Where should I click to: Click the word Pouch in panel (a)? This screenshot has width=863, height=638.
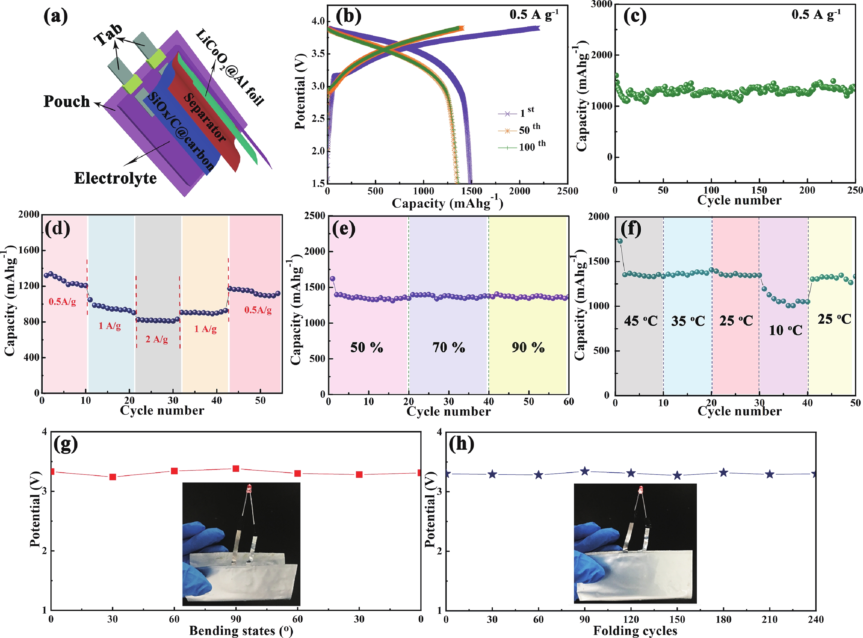pos(67,102)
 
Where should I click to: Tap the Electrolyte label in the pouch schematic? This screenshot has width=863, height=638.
pos(115,178)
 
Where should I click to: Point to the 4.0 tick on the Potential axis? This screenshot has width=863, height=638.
pos(318,21)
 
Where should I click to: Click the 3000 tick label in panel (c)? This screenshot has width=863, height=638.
pos(601,5)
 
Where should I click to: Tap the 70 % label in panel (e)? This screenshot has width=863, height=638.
pos(448,347)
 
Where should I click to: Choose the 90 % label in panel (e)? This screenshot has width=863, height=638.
pos(528,347)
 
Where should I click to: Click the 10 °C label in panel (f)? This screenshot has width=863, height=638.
pos(785,331)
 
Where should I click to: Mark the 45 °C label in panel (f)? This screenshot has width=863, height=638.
pos(641,321)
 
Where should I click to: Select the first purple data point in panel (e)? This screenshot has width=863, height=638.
pos(333,279)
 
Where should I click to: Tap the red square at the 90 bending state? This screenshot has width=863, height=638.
pos(236,469)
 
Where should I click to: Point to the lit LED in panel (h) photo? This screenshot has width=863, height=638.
pos(641,490)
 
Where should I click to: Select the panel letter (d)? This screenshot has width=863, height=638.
pos(57,228)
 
